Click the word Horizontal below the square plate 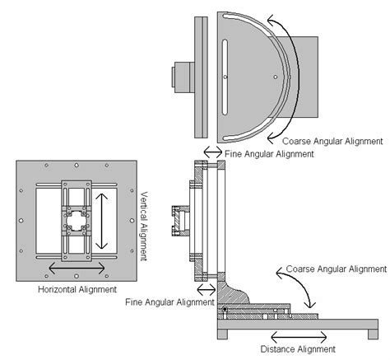coord(57,289)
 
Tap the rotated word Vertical coord(144,206)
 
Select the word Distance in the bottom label coord(278,349)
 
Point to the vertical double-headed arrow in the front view coord(102,221)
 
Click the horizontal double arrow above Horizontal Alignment coord(77,268)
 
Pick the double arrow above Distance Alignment coord(299,337)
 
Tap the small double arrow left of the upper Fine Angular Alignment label coord(213,152)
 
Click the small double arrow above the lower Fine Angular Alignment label coord(207,289)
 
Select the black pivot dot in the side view coord(225,309)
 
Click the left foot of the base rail coord(223,334)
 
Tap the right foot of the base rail coord(373,334)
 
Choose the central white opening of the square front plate coord(77,221)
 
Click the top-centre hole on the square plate coord(77,166)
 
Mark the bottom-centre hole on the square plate coord(77,276)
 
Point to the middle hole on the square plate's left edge coord(21,221)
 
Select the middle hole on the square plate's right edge coord(132,221)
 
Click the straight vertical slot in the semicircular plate coord(225,77)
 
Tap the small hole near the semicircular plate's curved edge coord(276,77)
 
